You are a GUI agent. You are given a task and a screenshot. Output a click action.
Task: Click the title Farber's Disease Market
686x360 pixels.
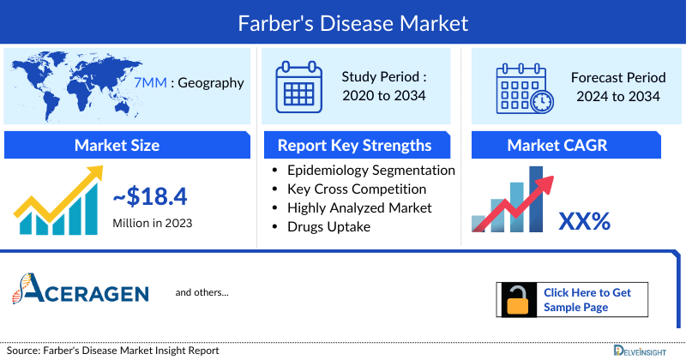[343, 21]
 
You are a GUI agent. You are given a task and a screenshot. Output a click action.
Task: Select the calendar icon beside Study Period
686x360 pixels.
[298, 86]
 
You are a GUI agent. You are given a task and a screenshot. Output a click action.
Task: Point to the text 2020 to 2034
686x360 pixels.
[383, 95]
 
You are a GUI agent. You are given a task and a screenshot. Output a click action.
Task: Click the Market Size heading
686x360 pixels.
[117, 145]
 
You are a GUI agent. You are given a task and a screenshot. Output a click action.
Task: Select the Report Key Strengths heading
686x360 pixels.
[354, 145]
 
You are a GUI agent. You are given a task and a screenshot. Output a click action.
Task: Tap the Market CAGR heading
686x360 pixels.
[569, 145]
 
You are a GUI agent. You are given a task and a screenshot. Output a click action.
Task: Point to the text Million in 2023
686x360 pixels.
[152, 223]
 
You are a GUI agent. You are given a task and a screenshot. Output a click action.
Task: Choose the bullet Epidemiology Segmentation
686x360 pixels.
[370, 170]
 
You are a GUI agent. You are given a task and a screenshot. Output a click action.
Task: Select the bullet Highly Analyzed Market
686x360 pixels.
[359, 207]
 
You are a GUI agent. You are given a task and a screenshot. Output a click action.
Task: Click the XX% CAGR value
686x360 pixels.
[584, 221]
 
